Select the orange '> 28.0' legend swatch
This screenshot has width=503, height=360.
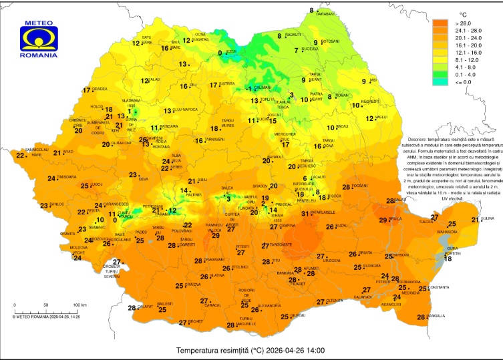click(x=440, y=23)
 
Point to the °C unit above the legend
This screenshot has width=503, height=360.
click(x=462, y=13)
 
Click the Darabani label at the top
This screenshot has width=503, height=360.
click(x=325, y=13)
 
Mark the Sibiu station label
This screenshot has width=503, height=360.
click(x=203, y=180)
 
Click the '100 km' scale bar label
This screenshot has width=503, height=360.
click(x=79, y=305)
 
